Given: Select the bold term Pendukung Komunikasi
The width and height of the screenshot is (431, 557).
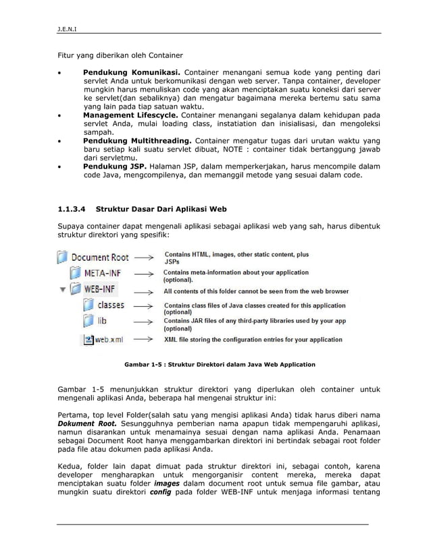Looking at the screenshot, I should (x=131, y=71).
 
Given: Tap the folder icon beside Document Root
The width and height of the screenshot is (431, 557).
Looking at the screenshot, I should (x=62, y=257).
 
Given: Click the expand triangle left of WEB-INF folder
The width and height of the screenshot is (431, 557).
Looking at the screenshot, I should (x=64, y=291).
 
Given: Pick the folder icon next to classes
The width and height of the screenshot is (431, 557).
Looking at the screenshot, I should (x=88, y=306).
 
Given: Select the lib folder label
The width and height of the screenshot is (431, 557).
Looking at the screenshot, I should (x=102, y=322).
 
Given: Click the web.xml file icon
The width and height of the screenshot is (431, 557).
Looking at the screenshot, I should (x=88, y=339).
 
